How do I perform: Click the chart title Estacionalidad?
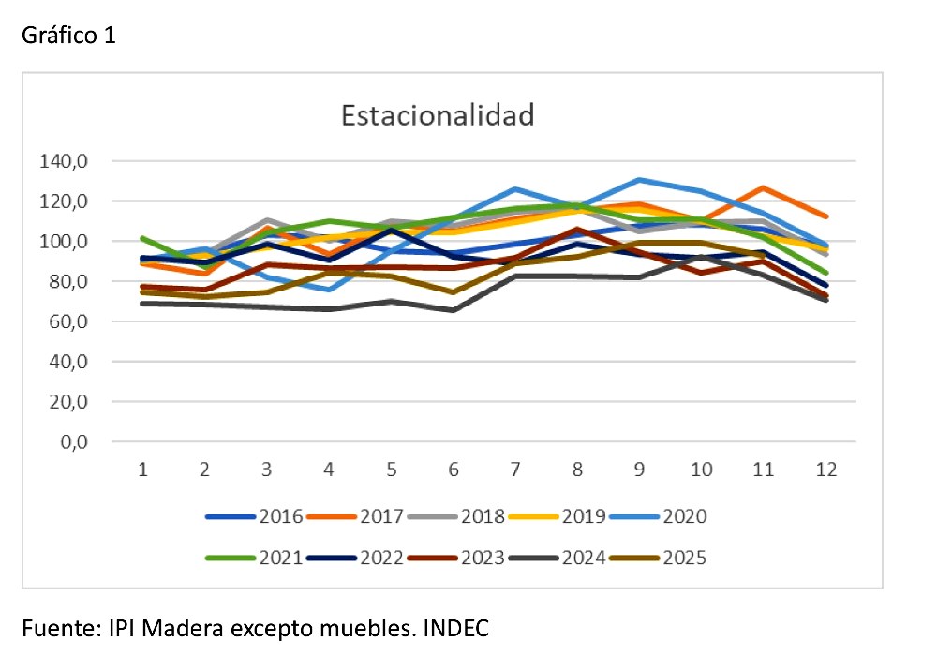pyautogui.click(x=438, y=116)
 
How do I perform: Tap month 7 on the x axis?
pyautogui.click(x=515, y=470)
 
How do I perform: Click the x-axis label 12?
pyautogui.click(x=825, y=470)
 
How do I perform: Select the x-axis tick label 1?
pyautogui.click(x=143, y=470)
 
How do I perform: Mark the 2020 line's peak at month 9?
pyautogui.click(x=639, y=179)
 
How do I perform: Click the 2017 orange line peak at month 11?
pyautogui.click(x=764, y=188)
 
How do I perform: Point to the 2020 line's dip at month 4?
pyautogui.click(x=330, y=289)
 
